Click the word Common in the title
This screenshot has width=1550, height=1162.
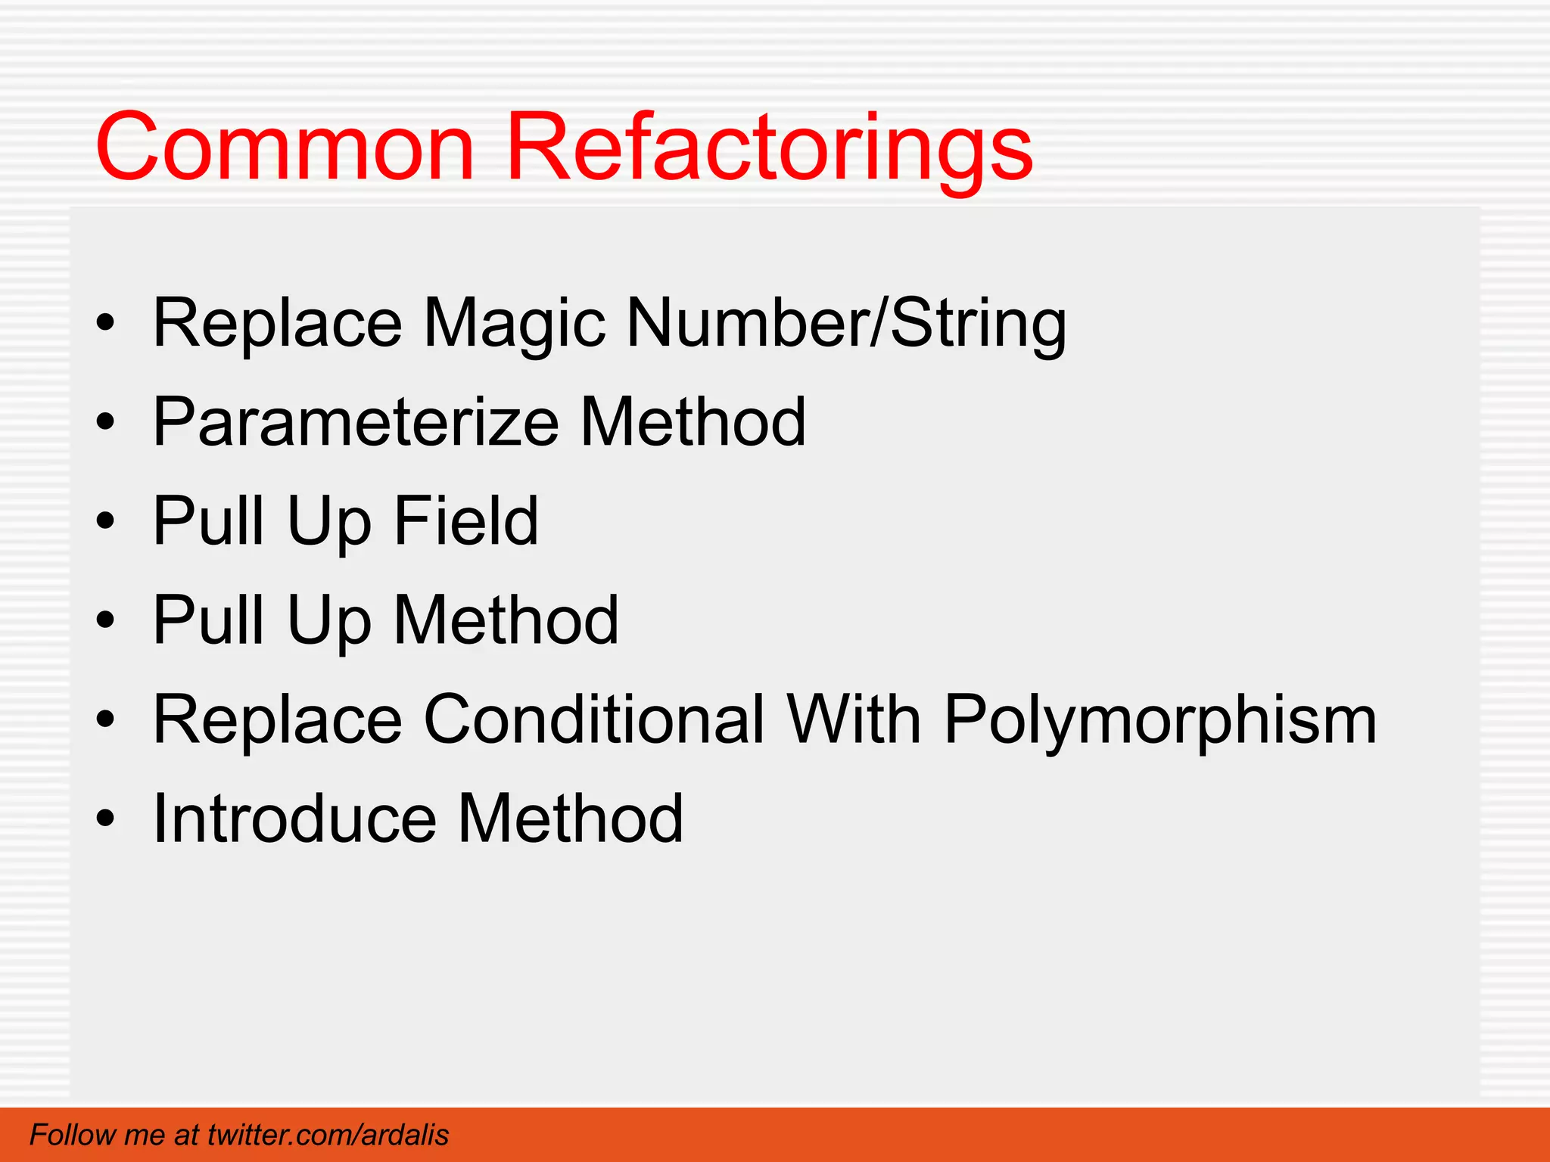(x=285, y=147)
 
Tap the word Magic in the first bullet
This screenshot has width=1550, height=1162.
(x=515, y=324)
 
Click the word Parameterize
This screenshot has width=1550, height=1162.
(x=356, y=422)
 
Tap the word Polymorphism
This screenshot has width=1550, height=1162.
(x=1160, y=720)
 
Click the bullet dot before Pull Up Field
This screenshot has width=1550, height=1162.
(x=106, y=521)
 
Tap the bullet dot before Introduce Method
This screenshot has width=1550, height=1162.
(x=106, y=819)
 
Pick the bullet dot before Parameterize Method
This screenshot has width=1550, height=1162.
(x=106, y=423)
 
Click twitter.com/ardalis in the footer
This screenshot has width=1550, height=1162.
(x=328, y=1135)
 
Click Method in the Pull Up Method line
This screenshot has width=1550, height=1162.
(x=506, y=620)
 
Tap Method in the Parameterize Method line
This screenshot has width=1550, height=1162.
(x=693, y=422)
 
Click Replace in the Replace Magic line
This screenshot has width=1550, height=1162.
(x=277, y=324)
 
